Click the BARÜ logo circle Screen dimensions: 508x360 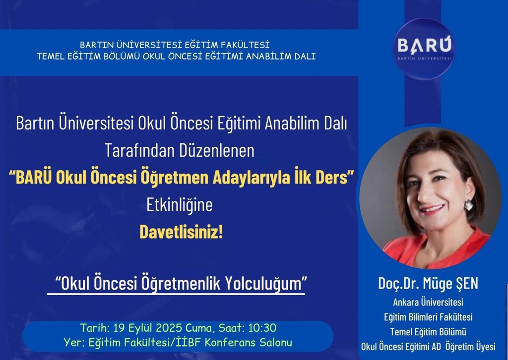tap(424, 49)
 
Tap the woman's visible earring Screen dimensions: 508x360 tap(468, 205)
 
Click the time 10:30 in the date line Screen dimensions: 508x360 tap(262, 328)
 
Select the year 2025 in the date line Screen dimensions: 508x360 tap(169, 328)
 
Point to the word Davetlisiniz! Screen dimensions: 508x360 tap(181, 233)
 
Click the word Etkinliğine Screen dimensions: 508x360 tap(180, 205)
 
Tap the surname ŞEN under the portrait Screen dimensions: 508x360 tap(466, 283)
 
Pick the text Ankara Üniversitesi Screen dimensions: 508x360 tap(428, 302)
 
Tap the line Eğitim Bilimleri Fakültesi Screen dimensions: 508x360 tap(428, 317)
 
